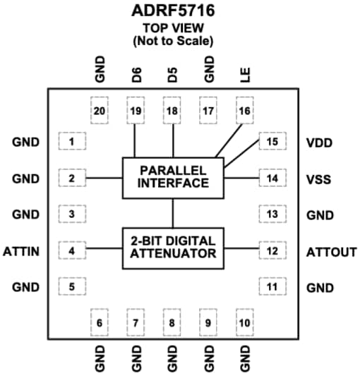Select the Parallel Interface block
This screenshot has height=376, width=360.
coord(173,177)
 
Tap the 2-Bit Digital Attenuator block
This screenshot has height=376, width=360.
coord(173,248)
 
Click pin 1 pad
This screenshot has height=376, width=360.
coord(71,142)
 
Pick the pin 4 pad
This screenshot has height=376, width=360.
coord(71,250)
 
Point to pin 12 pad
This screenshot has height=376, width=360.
coord(273,250)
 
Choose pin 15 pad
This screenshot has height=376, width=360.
coord(273,142)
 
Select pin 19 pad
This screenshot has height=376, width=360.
coord(135,111)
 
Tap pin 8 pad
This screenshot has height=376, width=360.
coord(172,322)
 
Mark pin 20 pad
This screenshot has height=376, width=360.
coord(99,111)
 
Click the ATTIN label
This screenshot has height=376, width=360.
coord(20,250)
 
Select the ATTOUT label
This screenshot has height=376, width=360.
coord(331,251)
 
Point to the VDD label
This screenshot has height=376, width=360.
coord(319,142)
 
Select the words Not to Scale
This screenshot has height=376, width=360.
coord(173,41)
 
